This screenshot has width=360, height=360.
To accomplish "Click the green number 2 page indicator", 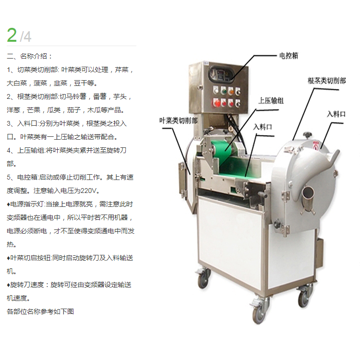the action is point(12,35).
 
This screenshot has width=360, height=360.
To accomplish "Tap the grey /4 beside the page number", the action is point(25,36).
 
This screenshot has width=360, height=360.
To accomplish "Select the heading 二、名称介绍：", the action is point(30,56).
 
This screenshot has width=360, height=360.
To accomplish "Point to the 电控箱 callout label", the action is point(288,56).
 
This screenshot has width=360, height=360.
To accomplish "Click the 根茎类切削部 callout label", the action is point(327,81).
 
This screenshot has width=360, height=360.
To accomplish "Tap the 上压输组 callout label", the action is point(271,101).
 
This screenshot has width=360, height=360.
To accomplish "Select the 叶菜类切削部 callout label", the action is point(179,120).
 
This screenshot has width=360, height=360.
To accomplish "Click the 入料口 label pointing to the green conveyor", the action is point(263,127).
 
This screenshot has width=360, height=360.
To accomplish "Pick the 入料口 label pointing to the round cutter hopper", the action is point(336,114).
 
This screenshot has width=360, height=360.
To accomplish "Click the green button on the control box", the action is point(223,91).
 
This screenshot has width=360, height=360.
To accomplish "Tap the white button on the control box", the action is point(216,90).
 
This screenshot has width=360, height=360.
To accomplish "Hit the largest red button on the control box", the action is point(216,102).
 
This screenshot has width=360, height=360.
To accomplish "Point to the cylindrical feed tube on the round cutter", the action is point(308,197).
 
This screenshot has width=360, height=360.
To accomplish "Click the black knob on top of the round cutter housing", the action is point(307,135).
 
